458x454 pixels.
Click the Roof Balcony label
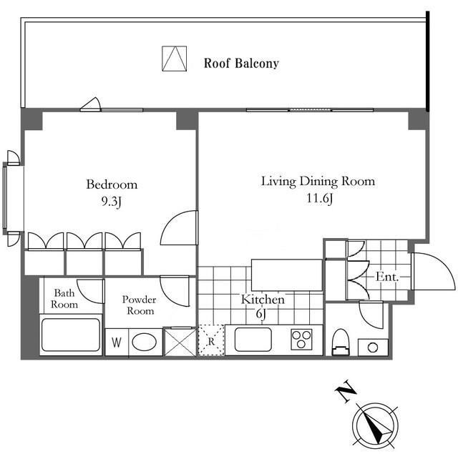pos(241,64)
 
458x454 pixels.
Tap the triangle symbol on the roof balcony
pos(175,59)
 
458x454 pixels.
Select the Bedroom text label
pos(112,184)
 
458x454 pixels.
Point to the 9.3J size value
pos(112,202)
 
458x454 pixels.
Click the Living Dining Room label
pos(318,181)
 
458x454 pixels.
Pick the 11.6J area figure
pos(320,199)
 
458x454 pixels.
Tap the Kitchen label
pos(263,300)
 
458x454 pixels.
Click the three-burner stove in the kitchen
pos(302,339)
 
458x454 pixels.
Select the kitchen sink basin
pos(253,340)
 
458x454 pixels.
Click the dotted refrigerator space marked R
pos(211,340)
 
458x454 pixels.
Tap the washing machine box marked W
pos(117,342)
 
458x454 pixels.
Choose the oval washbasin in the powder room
pos(145,342)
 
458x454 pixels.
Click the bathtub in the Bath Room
pos(71,335)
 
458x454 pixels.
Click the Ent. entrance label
pos(387,277)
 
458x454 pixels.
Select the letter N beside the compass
pos(346,391)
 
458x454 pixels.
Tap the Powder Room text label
pos(140,305)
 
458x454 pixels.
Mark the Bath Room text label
pos(64,298)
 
